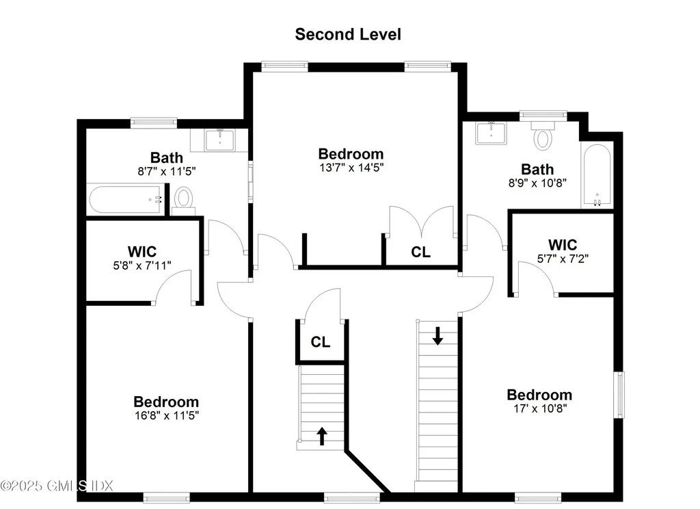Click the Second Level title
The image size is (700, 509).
click(348, 34)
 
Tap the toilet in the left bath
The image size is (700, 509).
click(183, 199)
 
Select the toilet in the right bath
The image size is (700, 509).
click(543, 137)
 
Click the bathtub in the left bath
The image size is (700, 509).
click(127, 200)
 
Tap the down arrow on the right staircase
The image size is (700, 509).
click(437, 336)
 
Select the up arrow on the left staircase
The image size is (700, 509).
click(321, 436)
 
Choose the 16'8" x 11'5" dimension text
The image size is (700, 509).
click(166, 415)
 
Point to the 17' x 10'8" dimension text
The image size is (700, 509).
click(539, 408)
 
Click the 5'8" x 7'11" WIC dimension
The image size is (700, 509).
click(142, 265)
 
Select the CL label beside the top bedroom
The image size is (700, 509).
click(421, 252)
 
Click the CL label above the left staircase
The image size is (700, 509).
click(321, 342)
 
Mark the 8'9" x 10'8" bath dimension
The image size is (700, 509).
click(537, 183)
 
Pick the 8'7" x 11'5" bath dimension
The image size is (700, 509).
click(167, 172)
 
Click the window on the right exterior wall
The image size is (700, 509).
click(621, 393)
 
